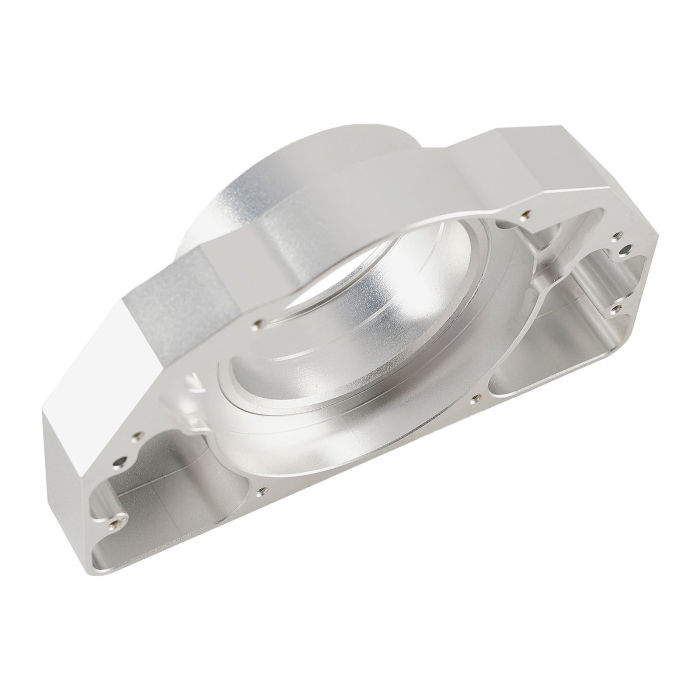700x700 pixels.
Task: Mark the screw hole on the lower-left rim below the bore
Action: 262,492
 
